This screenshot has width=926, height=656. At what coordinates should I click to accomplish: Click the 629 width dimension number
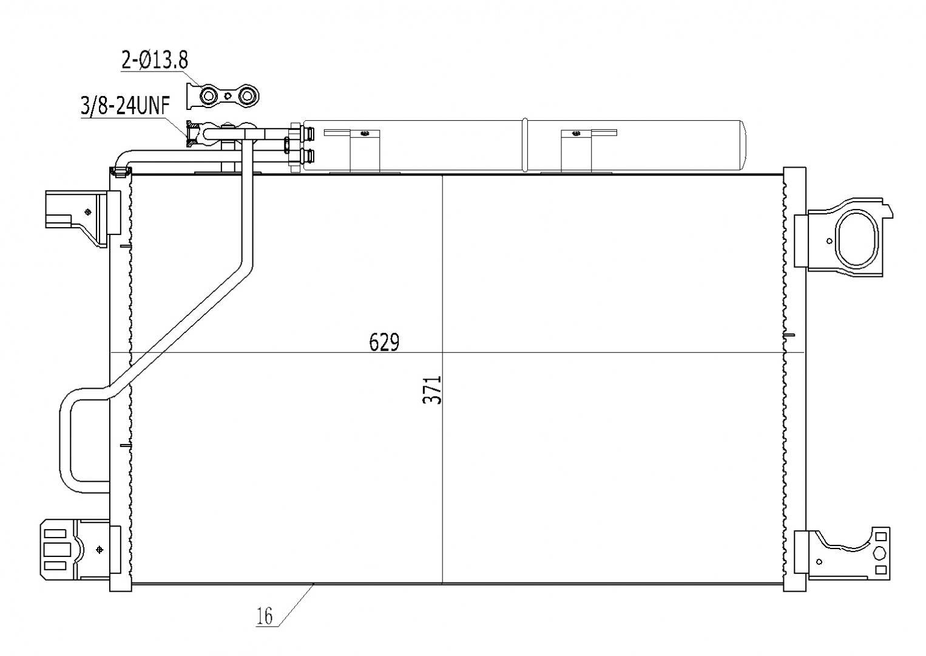[384, 342]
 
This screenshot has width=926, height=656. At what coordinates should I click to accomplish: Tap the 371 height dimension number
[432, 390]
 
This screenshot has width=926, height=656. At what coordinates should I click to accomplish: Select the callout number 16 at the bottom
[265, 617]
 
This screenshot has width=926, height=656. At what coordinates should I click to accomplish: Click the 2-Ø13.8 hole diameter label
[155, 60]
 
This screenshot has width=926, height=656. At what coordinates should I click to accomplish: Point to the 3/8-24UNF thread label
[125, 106]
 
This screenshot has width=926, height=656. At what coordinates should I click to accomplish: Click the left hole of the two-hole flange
[209, 97]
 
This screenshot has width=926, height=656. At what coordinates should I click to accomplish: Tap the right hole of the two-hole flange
[247, 97]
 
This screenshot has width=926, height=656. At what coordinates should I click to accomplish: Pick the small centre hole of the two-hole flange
[228, 97]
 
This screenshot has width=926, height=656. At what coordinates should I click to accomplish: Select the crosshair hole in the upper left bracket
[87, 213]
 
